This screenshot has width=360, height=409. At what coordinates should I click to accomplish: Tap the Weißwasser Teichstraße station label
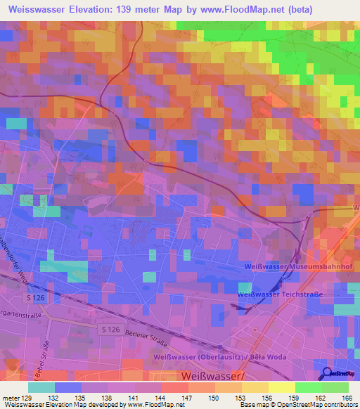pyautogui.click(x=279, y=294)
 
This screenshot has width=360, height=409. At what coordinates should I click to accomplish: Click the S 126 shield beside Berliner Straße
pyautogui.click(x=109, y=330)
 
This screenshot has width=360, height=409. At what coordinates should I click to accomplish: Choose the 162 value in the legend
pyautogui.click(x=320, y=397)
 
